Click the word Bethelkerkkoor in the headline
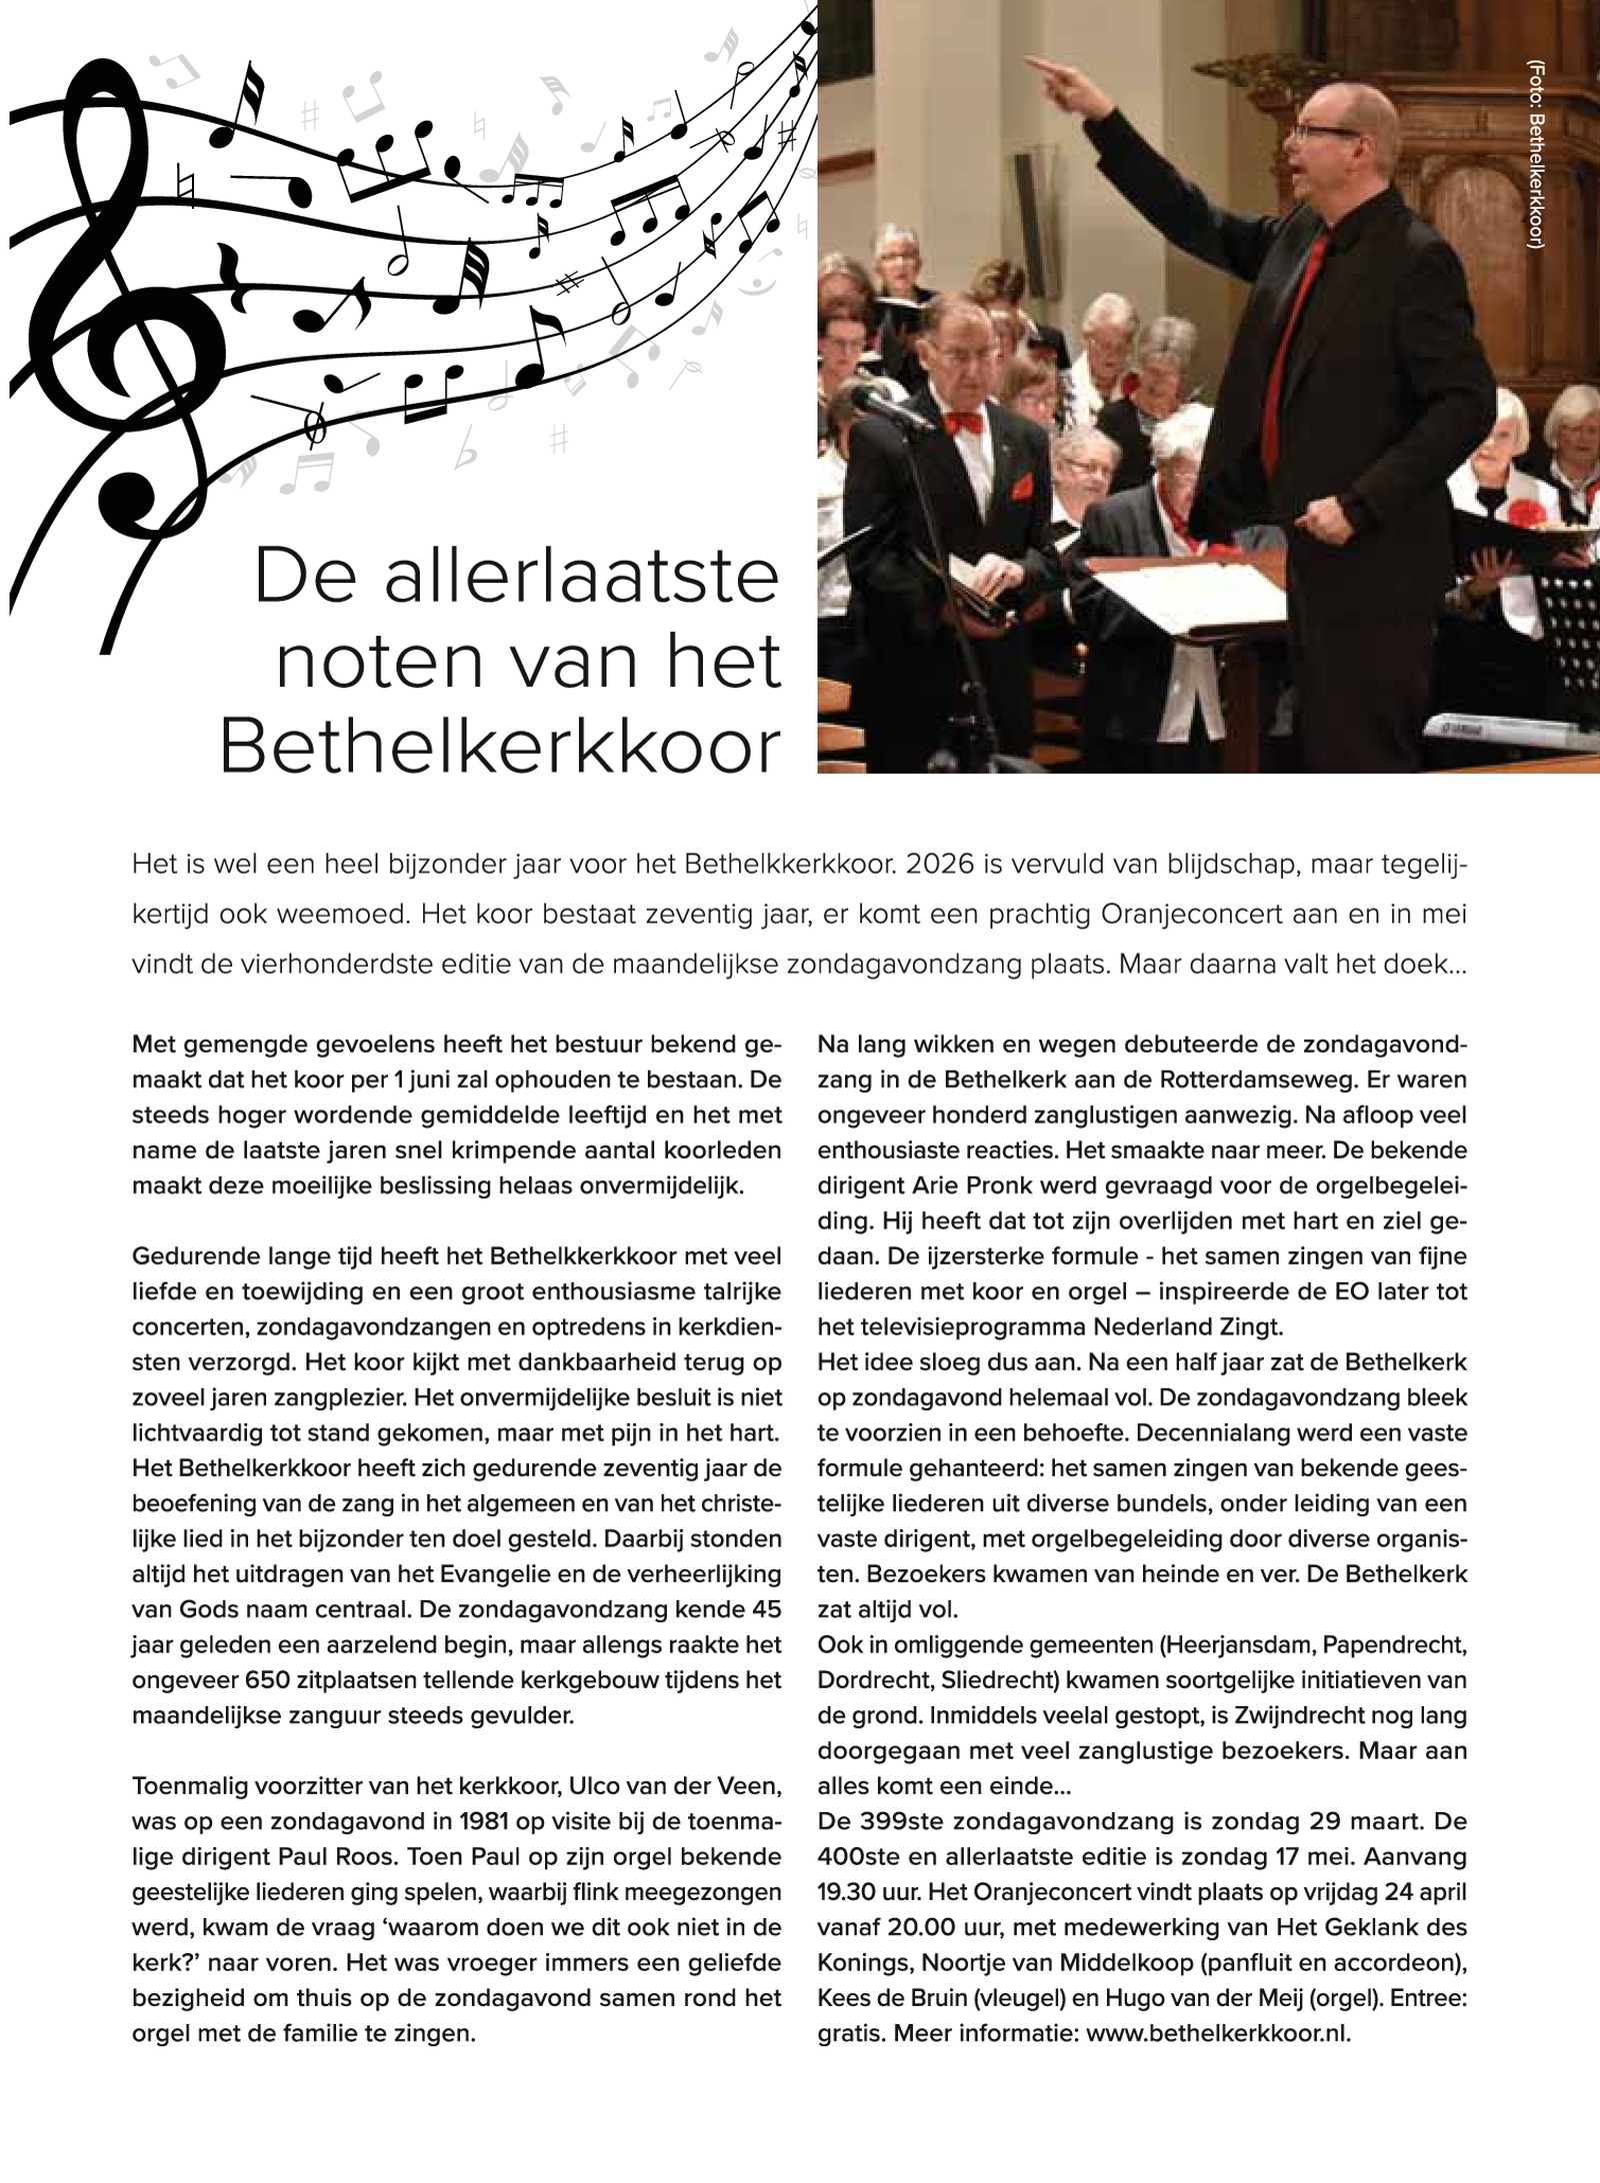(499, 748)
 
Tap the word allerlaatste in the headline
(581, 578)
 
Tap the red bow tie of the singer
(963, 424)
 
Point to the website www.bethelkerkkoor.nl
(1217, 2034)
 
